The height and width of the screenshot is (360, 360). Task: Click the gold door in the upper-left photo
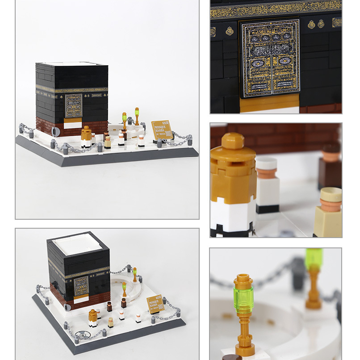tap(74, 106)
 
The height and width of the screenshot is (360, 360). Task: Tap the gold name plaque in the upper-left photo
tap(162, 130)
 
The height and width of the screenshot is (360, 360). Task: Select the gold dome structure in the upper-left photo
tap(86, 136)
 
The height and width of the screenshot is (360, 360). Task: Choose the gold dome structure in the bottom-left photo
tap(92, 318)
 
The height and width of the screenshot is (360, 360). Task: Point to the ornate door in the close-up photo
tap(270, 58)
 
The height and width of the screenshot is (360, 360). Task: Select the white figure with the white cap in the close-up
tap(267, 185)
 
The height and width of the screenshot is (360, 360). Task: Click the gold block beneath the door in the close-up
tap(270, 103)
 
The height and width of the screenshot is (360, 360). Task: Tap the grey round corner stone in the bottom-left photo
tap(68, 307)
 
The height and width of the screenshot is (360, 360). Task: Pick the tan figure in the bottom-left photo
tap(110, 322)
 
